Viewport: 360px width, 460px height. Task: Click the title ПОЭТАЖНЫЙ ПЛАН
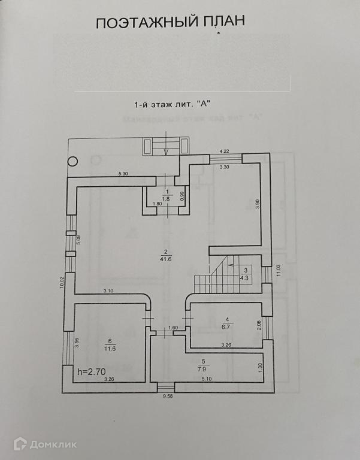[x=171, y=23]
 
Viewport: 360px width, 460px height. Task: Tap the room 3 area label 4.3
[x=245, y=278]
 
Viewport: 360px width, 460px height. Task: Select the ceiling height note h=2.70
[x=90, y=371]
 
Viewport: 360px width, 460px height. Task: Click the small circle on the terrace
[x=73, y=161]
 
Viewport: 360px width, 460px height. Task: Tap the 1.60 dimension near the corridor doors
[x=173, y=328]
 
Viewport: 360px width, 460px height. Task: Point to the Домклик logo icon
[x=21, y=444]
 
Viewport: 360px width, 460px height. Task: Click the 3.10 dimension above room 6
[x=108, y=290]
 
